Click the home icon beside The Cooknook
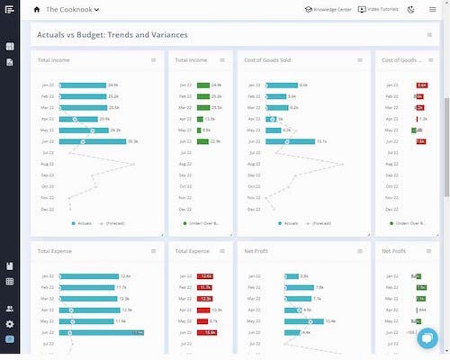[x=37, y=10]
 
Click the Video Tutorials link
[x=377, y=10]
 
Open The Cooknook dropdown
[x=73, y=10]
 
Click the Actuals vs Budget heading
[x=112, y=35]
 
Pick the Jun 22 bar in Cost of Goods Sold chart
[x=287, y=141]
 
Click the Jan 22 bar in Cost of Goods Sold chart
[x=278, y=85]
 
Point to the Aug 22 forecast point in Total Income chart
[x=133, y=164]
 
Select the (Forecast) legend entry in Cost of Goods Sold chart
[x=318, y=222]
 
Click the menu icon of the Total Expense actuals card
[x=154, y=252]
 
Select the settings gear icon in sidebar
[x=10, y=323]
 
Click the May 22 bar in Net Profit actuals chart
[x=305, y=320]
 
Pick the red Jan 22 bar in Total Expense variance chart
[x=206, y=276]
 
